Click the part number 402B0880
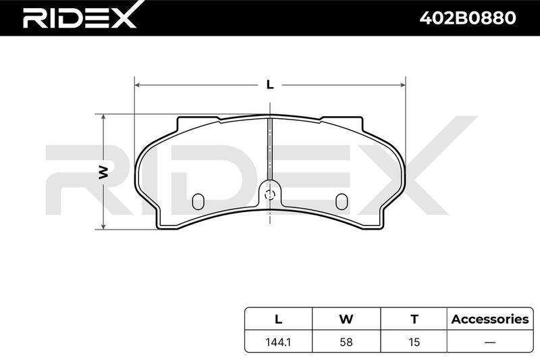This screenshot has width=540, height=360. pyautogui.click(x=467, y=18)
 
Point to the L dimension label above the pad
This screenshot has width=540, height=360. pyautogui.click(x=270, y=84)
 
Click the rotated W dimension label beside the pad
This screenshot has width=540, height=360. pyautogui.click(x=103, y=172)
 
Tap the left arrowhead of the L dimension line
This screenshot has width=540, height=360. pyautogui.click(x=138, y=84)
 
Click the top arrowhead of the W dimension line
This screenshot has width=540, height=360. pyautogui.click(x=103, y=118)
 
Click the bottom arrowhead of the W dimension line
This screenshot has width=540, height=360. pyautogui.click(x=103, y=226)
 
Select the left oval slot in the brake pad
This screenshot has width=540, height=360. pyautogui.click(x=198, y=201)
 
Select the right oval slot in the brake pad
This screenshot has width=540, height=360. pyautogui.click(x=342, y=201)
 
